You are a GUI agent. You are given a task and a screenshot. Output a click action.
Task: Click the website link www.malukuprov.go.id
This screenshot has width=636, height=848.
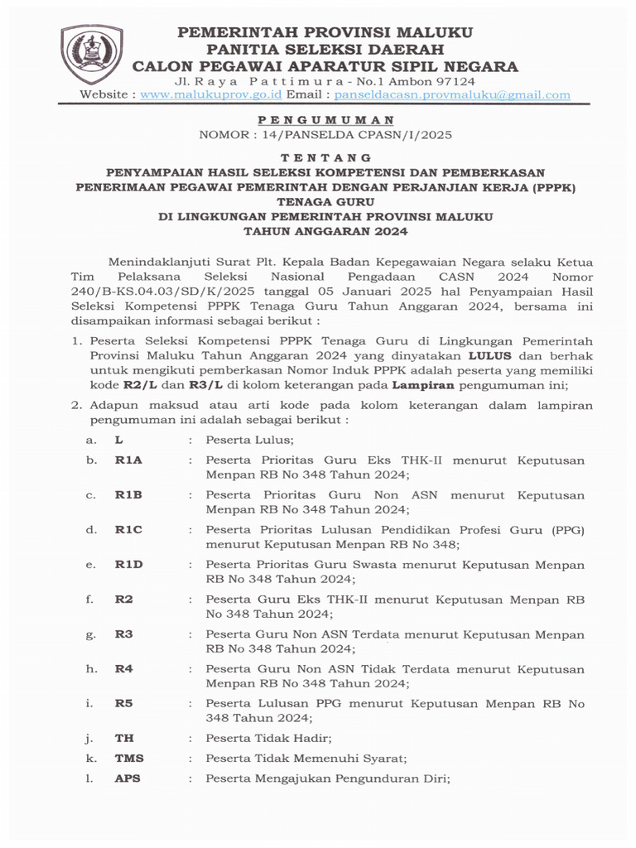coord(200,95)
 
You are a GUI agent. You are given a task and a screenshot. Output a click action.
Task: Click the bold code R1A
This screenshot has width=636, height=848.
coord(128,460)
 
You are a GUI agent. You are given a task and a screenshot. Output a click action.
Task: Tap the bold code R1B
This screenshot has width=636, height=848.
coord(128,495)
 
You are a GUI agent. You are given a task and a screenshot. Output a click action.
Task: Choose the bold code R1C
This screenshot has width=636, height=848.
coord(128,530)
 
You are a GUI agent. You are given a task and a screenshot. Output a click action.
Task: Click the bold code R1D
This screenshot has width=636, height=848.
coord(128,565)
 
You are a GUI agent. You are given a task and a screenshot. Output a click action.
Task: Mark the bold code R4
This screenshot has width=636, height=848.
coord(124,669)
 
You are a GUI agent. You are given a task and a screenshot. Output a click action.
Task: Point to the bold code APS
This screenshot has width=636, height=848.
coord(128,779)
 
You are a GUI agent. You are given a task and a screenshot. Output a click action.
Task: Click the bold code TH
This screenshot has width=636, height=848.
coord(124,737)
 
